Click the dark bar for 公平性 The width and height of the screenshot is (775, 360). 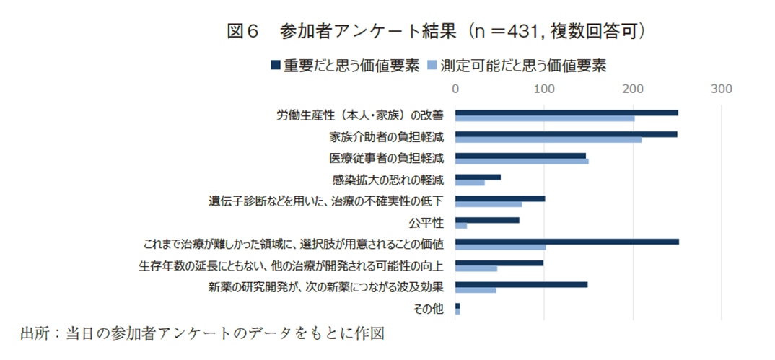[487, 220]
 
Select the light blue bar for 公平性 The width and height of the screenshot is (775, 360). [461, 226]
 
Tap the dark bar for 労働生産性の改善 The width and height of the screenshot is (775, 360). [566, 113]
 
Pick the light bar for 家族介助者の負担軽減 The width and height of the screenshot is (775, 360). [548, 140]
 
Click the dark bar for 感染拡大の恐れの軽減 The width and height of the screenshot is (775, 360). [478, 177]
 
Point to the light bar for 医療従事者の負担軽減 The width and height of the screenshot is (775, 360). [522, 161]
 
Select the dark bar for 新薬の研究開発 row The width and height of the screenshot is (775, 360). [521, 284]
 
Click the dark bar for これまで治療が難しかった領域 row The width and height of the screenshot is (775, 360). [567, 242]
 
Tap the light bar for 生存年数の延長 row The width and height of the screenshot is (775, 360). [476, 268]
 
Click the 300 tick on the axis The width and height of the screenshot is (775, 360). [722, 89]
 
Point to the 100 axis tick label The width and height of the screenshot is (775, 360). [544, 89]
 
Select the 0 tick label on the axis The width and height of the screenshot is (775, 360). [455, 89]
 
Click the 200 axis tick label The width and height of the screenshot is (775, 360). [633, 89]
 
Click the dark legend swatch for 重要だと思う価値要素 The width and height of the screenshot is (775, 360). [274, 66]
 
